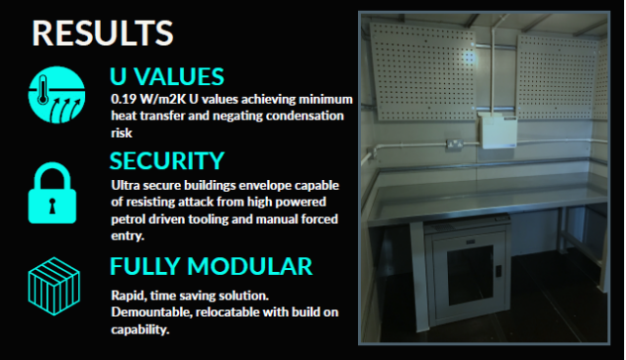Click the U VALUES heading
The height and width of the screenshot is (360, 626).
[x=166, y=77]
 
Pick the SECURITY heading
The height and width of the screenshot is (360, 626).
[x=167, y=160]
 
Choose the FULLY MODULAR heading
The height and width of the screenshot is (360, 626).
[x=211, y=266]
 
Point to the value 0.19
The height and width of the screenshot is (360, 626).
[x=123, y=100]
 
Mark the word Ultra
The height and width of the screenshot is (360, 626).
[x=125, y=184]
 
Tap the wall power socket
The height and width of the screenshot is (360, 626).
[x=456, y=146]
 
